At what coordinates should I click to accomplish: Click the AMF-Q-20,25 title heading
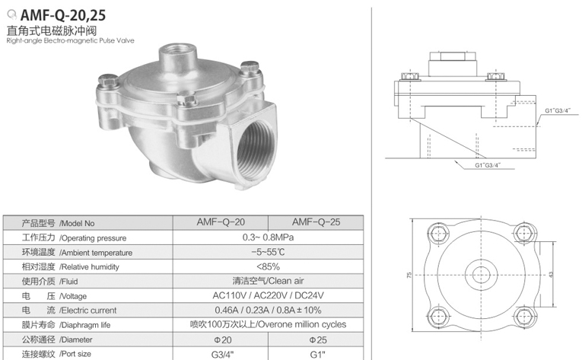click(x=63, y=15)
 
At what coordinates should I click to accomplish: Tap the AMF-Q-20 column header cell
click(x=221, y=222)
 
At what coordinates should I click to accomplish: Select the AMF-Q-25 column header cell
click(x=316, y=222)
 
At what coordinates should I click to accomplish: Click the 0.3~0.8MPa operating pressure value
click(x=268, y=237)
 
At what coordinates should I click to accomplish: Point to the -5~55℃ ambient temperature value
click(x=268, y=252)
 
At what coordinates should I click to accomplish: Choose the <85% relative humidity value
click(x=268, y=266)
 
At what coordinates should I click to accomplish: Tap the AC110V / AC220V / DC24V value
click(x=268, y=295)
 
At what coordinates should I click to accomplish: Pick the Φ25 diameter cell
click(x=318, y=339)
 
